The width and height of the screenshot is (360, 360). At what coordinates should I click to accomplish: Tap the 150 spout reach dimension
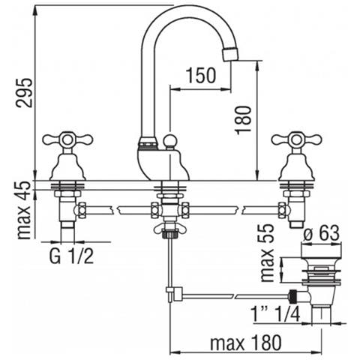202,76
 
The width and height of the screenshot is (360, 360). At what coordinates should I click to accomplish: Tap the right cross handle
295,139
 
